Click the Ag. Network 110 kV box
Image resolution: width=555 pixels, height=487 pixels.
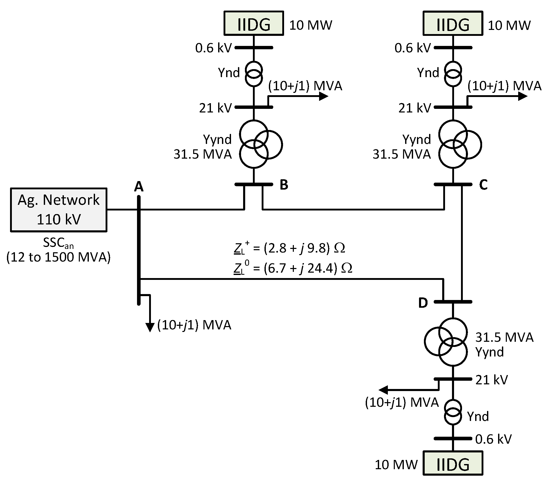coord(59,209)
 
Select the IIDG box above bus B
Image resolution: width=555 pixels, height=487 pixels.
coord(253,24)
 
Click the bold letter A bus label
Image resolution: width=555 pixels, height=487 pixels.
coord(139,187)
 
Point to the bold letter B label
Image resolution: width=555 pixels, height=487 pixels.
coord(284,185)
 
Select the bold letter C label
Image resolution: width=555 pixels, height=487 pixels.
coord(483,185)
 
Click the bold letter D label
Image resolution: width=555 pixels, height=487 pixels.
coord(423,303)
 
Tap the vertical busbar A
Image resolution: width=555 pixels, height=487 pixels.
coord(139,250)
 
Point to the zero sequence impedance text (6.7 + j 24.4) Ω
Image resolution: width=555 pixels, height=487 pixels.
coord(293,268)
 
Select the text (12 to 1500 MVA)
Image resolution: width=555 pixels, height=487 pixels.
coord(58,257)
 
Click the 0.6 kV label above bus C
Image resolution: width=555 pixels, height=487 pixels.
coord(412,48)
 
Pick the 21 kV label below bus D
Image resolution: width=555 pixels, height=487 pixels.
coord(491,380)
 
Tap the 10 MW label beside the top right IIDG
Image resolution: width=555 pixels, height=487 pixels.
coord(509,25)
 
